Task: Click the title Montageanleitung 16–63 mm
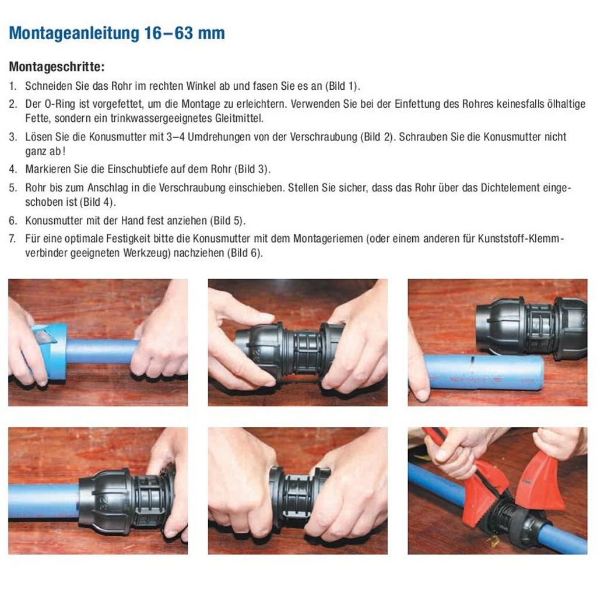click(117, 33)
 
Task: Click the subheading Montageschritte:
click(57, 66)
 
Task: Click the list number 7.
click(12, 239)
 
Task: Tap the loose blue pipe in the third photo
click(484, 373)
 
